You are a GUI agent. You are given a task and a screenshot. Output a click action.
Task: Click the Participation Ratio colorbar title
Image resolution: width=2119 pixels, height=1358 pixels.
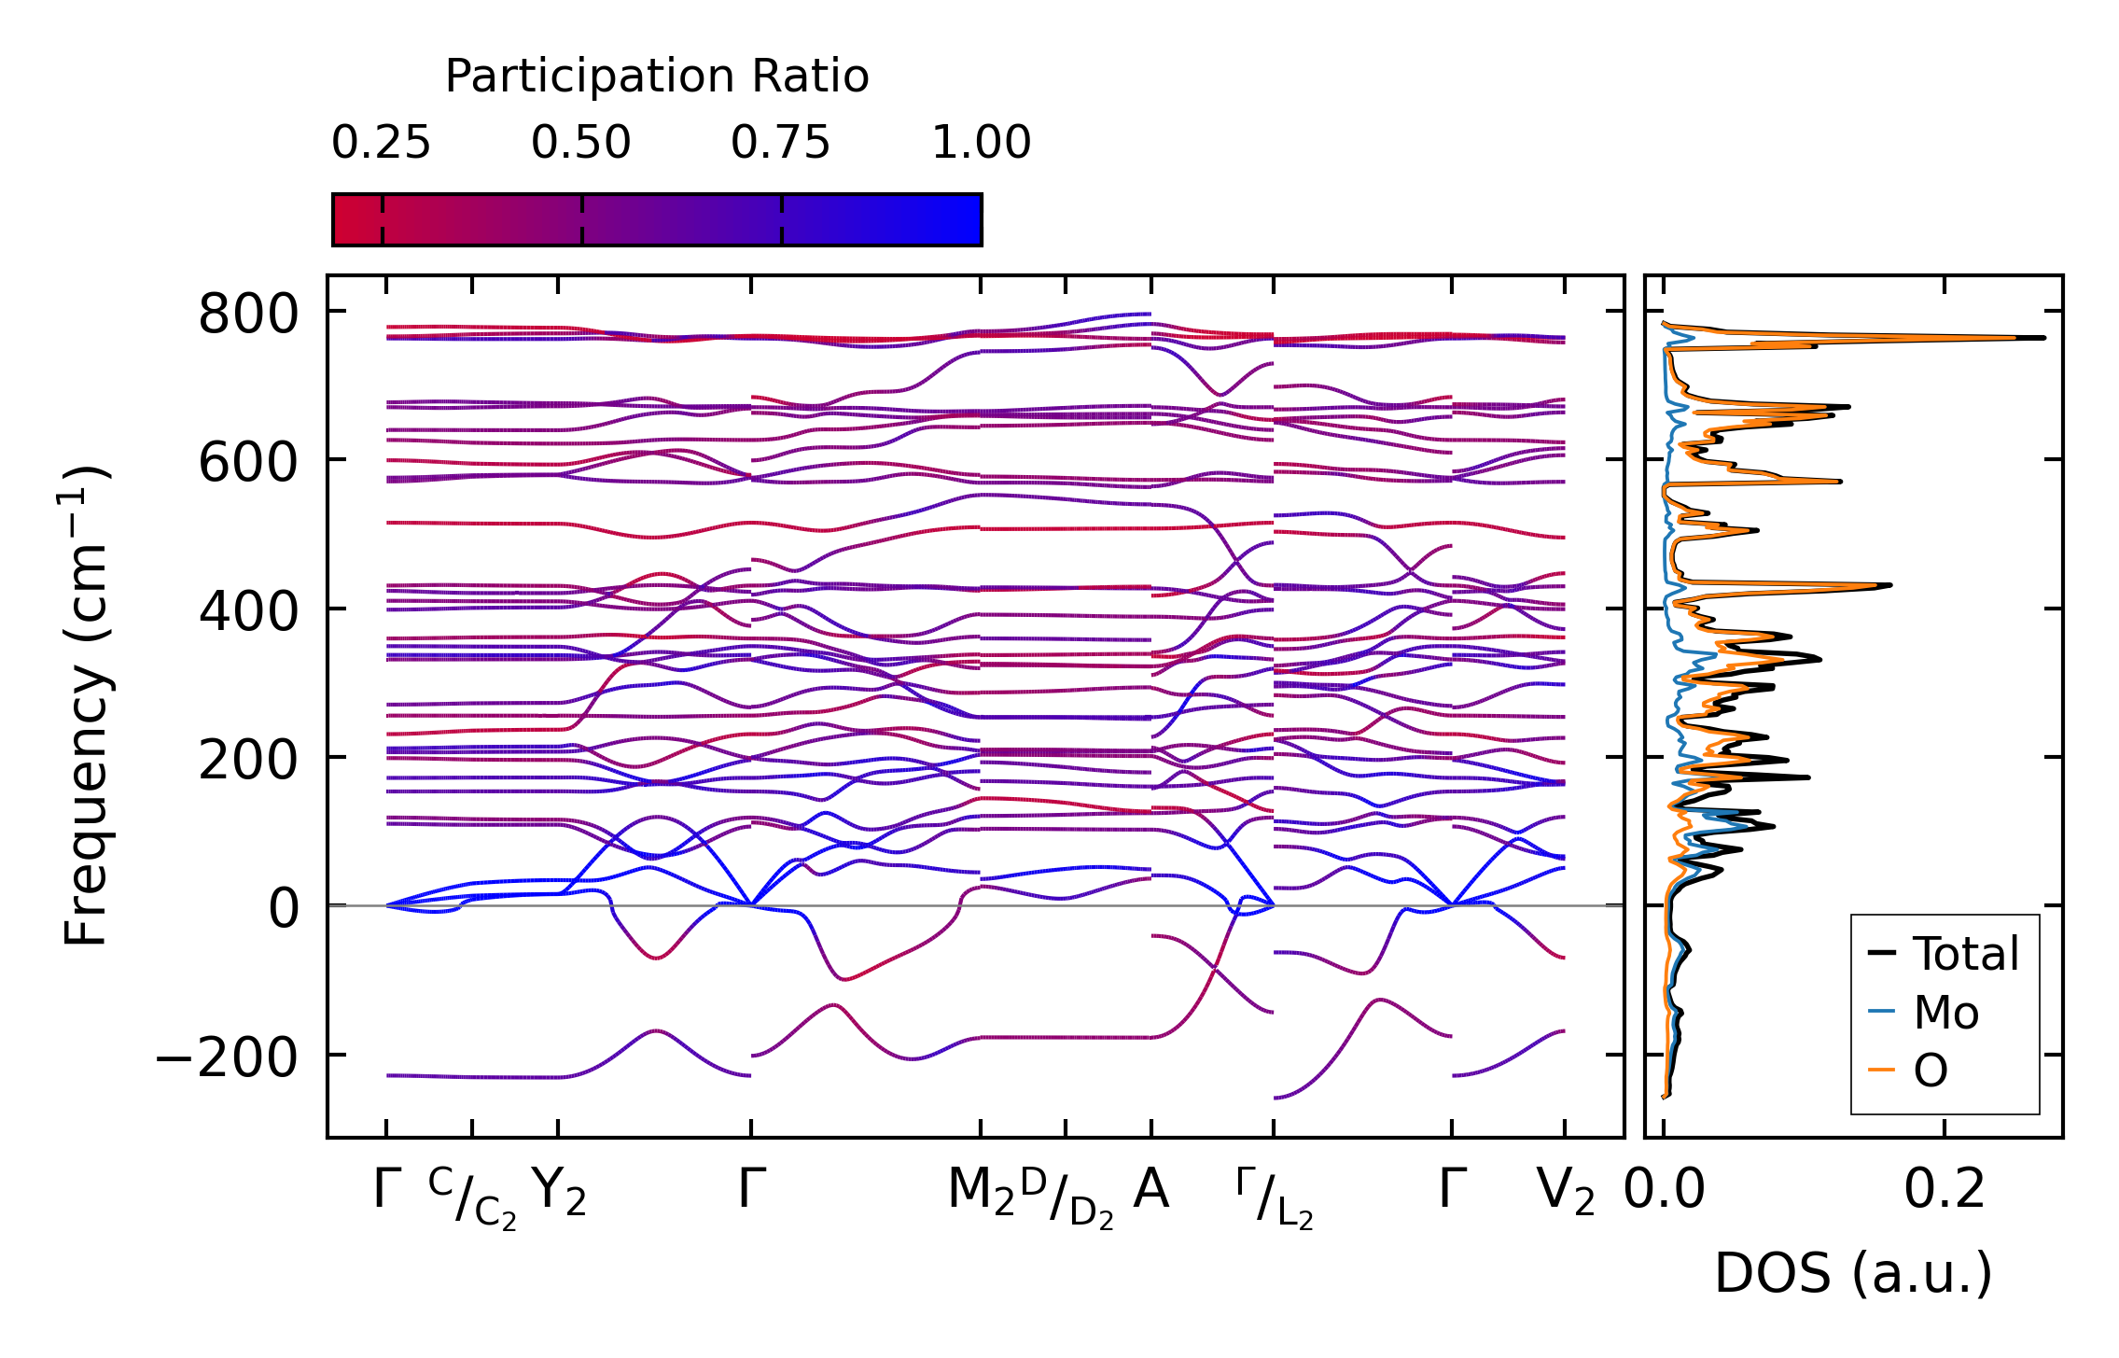(x=657, y=77)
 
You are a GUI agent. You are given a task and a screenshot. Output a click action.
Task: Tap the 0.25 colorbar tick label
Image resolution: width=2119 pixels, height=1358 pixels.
(x=381, y=143)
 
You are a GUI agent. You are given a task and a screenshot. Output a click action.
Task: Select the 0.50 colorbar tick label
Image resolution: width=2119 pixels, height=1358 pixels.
(x=581, y=143)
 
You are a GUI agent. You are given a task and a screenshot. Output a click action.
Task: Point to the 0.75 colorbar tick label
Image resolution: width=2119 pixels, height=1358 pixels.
(x=780, y=143)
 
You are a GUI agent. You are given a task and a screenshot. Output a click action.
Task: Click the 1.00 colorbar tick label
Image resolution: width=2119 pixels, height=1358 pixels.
(x=981, y=143)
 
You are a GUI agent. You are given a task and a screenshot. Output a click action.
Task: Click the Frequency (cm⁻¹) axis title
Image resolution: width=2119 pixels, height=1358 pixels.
(x=86, y=707)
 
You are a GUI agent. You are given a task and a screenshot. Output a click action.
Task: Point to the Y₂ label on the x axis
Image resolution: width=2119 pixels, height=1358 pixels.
(x=558, y=1192)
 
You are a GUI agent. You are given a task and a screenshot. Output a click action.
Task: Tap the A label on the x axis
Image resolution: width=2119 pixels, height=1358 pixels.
(x=1150, y=1190)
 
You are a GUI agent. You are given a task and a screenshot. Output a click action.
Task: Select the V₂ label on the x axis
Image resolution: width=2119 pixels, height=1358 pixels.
(x=1565, y=1192)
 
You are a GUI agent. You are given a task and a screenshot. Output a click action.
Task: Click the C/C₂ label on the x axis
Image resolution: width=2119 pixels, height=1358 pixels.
(x=472, y=1197)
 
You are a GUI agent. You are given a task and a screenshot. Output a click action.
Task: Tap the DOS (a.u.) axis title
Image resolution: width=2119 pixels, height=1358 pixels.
(x=1853, y=1274)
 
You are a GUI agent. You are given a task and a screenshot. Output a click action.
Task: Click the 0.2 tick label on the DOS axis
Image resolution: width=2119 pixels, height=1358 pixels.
(x=1945, y=1190)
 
